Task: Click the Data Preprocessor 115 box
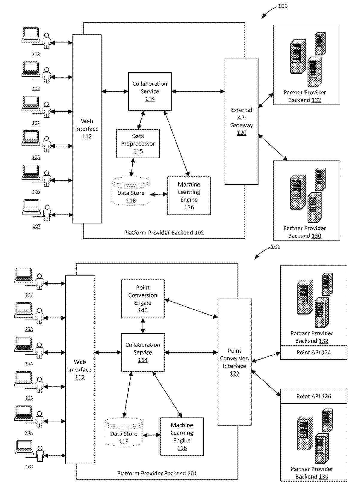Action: click(x=138, y=143)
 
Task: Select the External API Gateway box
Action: click(x=241, y=121)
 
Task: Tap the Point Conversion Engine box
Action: click(x=143, y=299)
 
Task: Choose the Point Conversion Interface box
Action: click(x=234, y=362)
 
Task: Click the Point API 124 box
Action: click(x=314, y=353)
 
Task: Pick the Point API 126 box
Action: click(x=314, y=396)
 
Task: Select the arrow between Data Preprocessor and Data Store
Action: click(x=132, y=167)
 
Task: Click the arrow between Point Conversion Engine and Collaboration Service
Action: click(x=143, y=326)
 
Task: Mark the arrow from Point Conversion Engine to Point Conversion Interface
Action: click(x=191, y=308)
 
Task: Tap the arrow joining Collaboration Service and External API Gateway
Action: click(x=198, y=91)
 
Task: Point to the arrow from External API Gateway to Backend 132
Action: click(x=266, y=100)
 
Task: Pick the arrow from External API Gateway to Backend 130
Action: click(x=273, y=147)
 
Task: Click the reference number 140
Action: click(x=143, y=311)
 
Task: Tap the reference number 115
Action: click(x=138, y=152)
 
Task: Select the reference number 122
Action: click(x=234, y=374)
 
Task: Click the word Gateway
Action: click(x=241, y=125)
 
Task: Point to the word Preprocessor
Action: click(x=138, y=144)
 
